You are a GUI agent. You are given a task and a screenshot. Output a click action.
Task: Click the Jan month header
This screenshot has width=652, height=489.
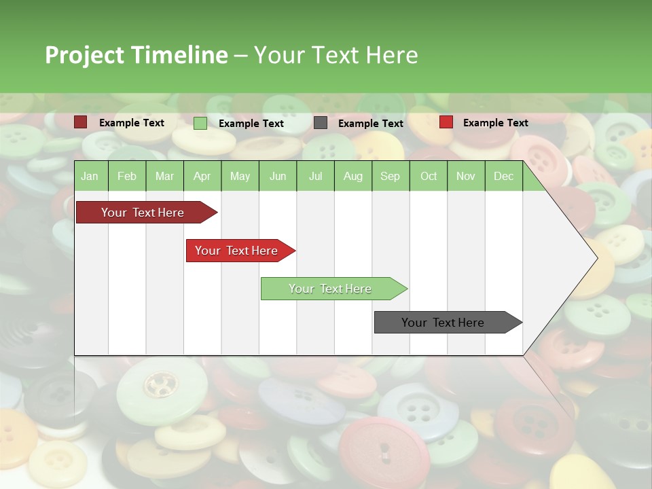click(x=90, y=176)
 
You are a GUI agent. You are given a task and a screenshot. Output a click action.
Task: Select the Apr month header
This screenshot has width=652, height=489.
click(x=202, y=176)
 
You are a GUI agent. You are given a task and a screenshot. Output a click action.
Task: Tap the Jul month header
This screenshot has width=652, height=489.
click(x=315, y=176)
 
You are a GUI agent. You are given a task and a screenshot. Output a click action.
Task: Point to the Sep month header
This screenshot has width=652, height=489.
click(x=390, y=176)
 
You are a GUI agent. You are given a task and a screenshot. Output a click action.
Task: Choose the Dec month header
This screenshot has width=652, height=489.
click(x=503, y=176)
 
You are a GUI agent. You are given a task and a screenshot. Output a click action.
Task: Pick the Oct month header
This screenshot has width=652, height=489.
click(x=429, y=176)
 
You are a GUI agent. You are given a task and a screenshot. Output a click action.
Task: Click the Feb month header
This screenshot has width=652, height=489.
click(x=127, y=176)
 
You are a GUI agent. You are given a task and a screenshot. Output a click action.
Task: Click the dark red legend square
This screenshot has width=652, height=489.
click(x=81, y=122)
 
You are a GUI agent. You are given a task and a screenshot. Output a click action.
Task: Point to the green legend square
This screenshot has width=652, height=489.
click(x=200, y=123)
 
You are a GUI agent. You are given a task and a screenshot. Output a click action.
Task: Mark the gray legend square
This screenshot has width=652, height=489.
click(x=321, y=123)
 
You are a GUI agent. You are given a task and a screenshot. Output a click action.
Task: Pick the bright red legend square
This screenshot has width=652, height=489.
click(x=446, y=122)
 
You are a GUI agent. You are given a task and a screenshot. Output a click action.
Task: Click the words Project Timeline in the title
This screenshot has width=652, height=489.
click(x=137, y=55)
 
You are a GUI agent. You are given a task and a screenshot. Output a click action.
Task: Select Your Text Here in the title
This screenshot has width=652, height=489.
click(x=336, y=55)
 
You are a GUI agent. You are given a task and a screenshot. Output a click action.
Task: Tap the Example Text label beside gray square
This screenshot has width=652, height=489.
click(x=371, y=124)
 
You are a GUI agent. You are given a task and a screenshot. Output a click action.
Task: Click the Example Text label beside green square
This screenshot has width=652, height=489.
click(x=251, y=124)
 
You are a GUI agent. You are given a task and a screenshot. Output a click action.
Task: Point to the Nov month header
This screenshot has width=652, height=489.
click(x=466, y=176)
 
